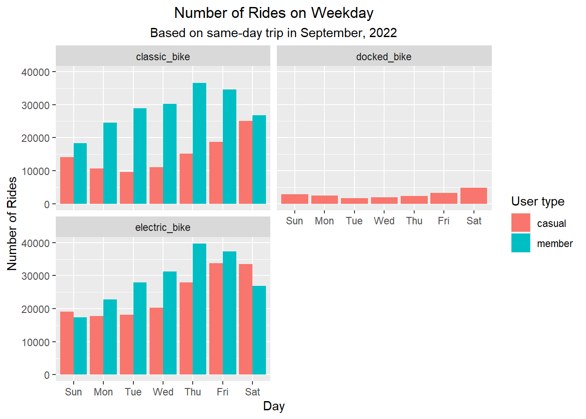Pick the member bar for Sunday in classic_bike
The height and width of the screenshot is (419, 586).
(x=80, y=173)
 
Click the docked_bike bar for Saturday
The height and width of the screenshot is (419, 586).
(x=474, y=196)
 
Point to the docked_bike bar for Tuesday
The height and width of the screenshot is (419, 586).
(x=354, y=201)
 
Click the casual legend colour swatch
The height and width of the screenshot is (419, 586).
(x=521, y=223)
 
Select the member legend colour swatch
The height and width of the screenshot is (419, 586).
(x=521, y=243)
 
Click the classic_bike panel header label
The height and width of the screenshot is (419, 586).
(x=163, y=57)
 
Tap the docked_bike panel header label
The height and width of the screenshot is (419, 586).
(x=384, y=57)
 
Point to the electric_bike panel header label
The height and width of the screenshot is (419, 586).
(x=163, y=227)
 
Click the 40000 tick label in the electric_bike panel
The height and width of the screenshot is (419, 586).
(x=35, y=243)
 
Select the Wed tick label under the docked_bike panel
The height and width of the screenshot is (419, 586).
(x=384, y=221)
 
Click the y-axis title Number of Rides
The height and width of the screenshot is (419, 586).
(x=12, y=223)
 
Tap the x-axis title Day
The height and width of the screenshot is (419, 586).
(x=274, y=406)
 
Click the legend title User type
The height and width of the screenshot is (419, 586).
(x=538, y=201)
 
